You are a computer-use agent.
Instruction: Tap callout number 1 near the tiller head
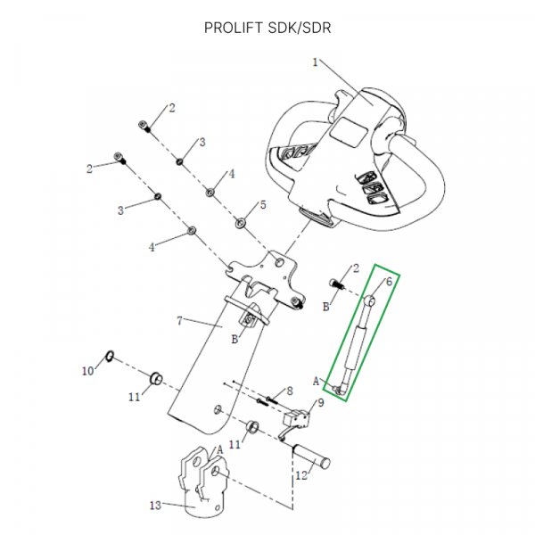pos(315,62)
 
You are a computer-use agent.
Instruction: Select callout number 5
pos(262,205)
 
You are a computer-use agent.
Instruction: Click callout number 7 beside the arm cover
pos(179,320)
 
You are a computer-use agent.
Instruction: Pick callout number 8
pos(290,391)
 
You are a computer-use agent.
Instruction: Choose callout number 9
pos(321,402)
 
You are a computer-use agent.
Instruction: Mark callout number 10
pos(87,370)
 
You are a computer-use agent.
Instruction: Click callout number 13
pos(155,506)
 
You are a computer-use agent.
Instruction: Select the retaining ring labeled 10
pos(108,358)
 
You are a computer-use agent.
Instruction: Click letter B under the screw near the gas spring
pos(326,306)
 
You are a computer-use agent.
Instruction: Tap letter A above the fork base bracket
pos(219,449)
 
